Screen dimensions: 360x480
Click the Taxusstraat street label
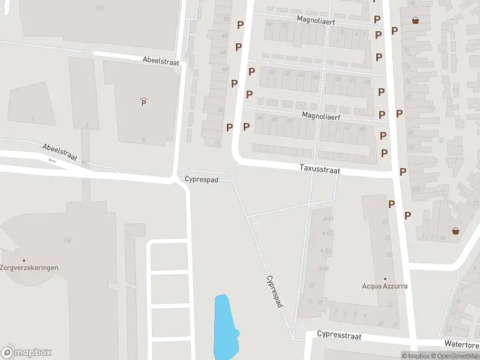pos(320,170)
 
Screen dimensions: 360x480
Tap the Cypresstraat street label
pos(339,335)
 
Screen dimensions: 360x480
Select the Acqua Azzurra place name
pos(385,286)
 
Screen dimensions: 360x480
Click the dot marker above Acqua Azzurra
pos(385,278)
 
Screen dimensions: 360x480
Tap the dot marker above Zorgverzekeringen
pos(24,260)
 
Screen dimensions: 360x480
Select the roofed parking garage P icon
pos(143,102)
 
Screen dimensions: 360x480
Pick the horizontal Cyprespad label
pos(201,179)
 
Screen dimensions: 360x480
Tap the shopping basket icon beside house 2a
pos(455,231)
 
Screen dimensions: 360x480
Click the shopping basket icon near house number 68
pos(415,20)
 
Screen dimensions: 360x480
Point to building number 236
pos(67,241)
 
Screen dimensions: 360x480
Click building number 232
pos(100,8)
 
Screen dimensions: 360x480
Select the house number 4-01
pos(328,218)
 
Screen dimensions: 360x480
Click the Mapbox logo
pos(26,352)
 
